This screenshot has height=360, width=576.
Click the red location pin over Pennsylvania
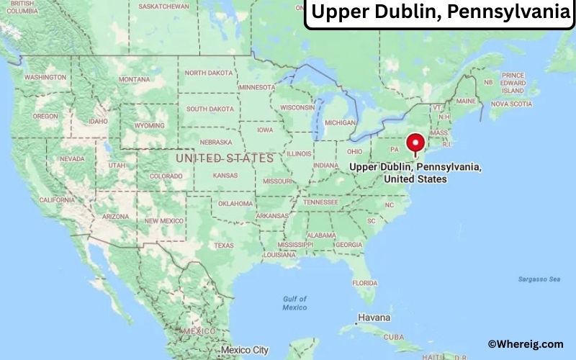click(x=415, y=142)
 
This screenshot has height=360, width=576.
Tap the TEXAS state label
click(x=224, y=245)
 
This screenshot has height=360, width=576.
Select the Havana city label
click(x=374, y=318)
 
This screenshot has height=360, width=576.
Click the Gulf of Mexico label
click(x=294, y=303)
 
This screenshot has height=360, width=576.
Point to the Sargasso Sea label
click(x=539, y=279)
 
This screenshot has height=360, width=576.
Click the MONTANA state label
click(x=134, y=79)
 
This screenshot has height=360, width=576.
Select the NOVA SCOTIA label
click(x=510, y=104)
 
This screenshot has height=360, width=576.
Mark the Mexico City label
click(x=244, y=350)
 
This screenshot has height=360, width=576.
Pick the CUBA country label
click(x=393, y=337)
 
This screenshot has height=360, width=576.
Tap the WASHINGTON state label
click(x=45, y=77)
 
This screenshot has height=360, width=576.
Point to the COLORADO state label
click(x=166, y=176)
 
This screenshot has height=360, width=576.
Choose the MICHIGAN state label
click(x=340, y=122)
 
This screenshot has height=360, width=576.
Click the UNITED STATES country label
click(x=225, y=157)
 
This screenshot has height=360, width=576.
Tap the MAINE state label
click(x=466, y=101)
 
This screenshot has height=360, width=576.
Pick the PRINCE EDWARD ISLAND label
click(x=513, y=83)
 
